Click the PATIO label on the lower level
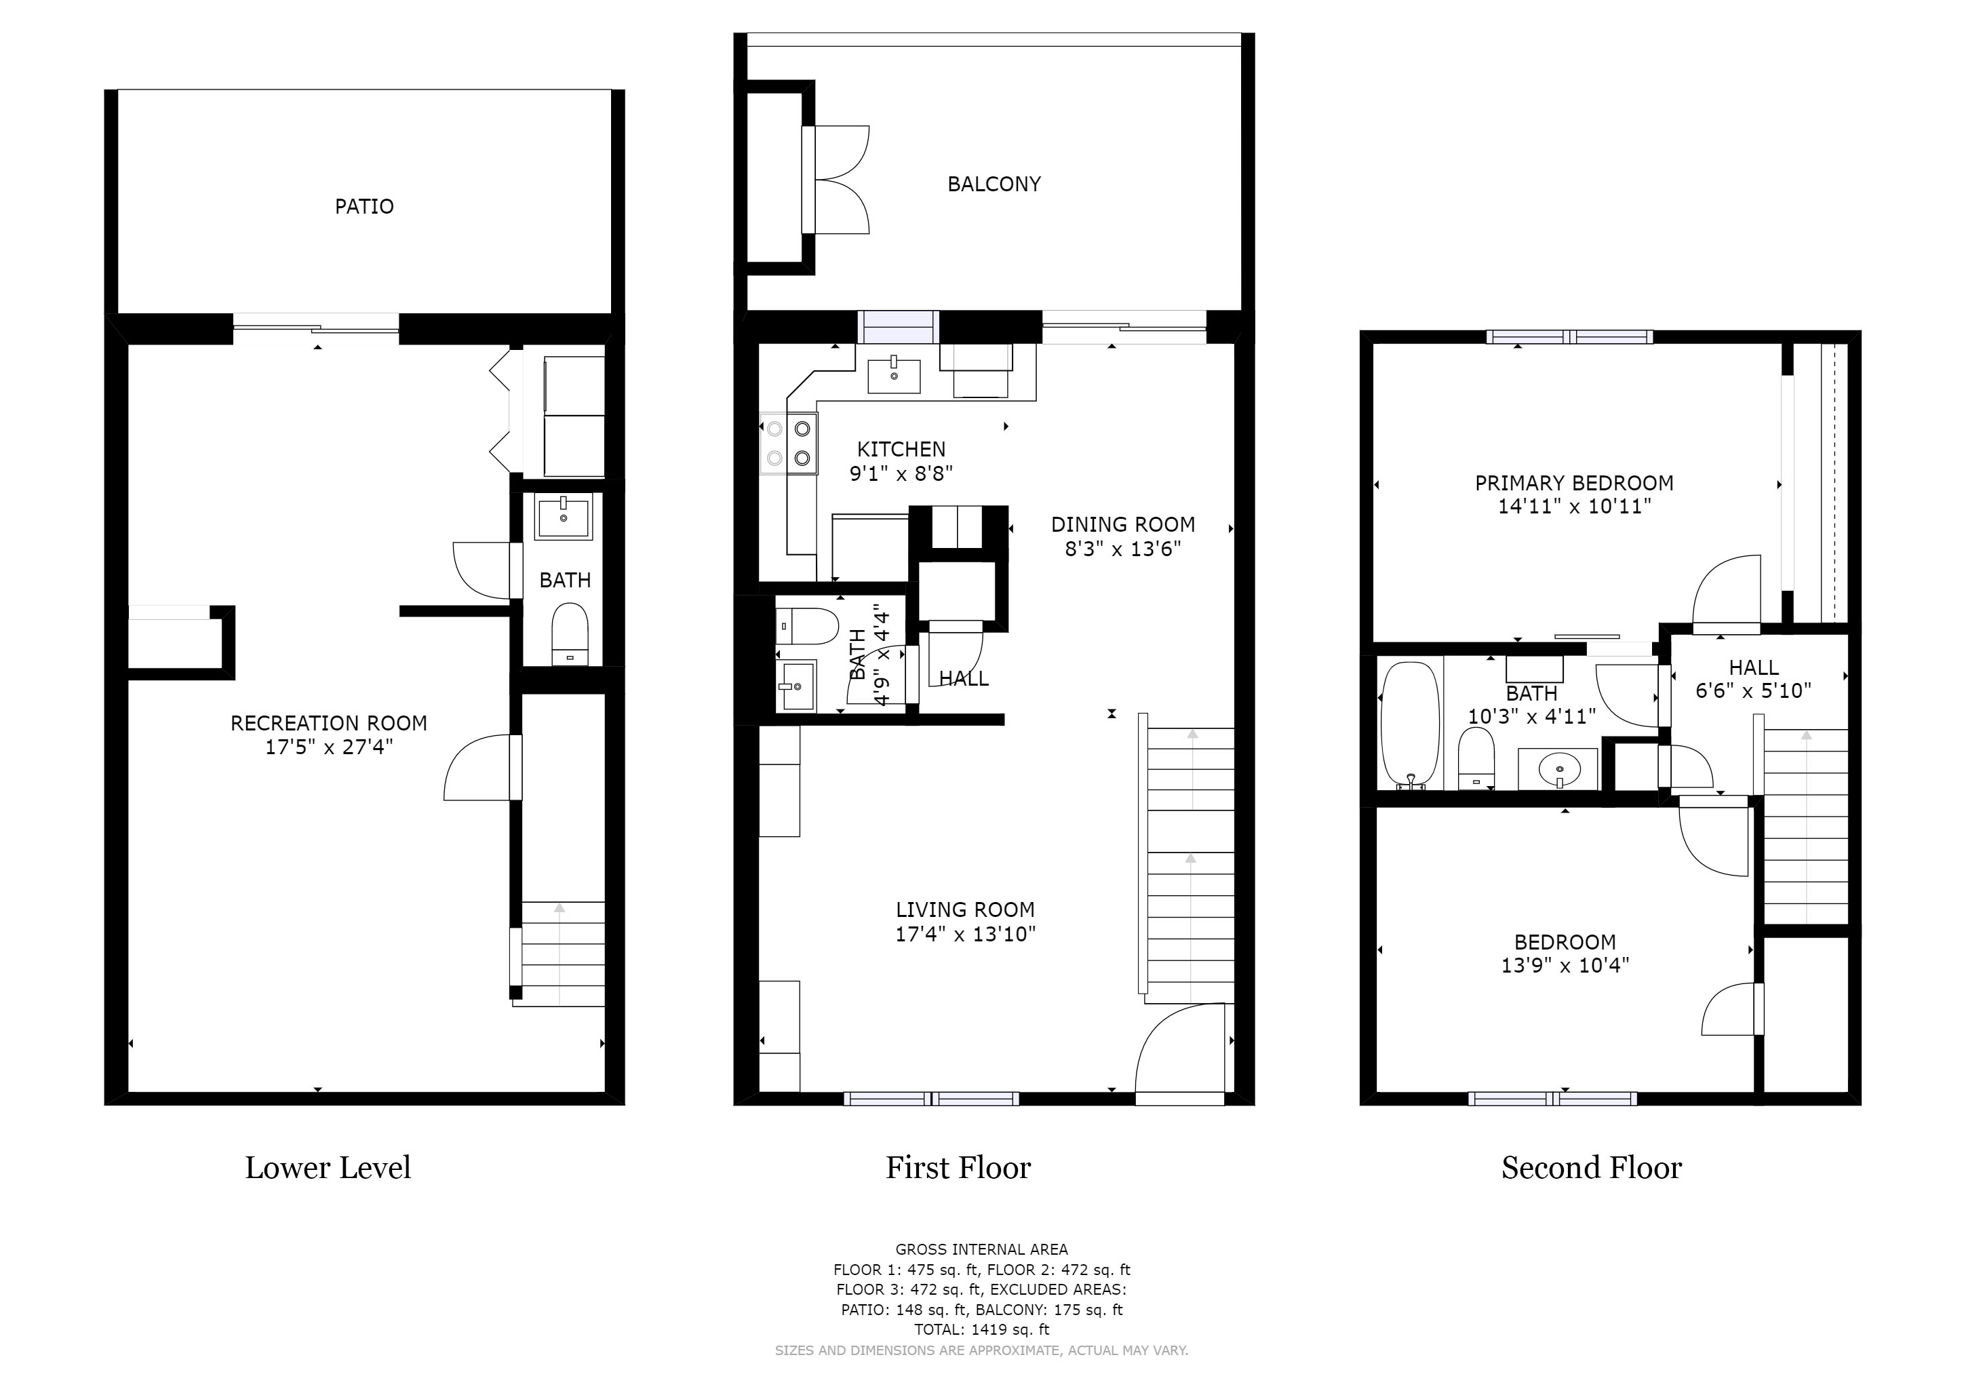click(364, 206)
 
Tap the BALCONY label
click(994, 184)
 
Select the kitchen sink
click(894, 374)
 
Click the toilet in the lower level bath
click(570, 633)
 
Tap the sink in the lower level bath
click(563, 517)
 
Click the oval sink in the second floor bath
click(1558, 769)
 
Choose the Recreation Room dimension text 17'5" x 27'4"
click(328, 747)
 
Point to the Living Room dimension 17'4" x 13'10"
click(965, 934)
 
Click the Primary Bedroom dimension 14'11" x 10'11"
click(1574, 507)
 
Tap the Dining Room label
click(1122, 524)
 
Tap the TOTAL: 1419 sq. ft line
click(981, 1330)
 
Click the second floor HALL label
click(1754, 667)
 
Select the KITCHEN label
click(901, 449)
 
